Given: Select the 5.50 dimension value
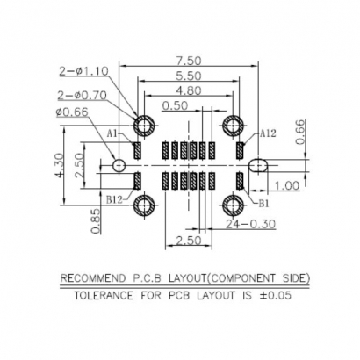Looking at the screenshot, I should coord(187,76).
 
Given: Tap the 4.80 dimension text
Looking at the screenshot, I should coord(187,90).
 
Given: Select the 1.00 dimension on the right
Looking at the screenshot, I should coord(288,186).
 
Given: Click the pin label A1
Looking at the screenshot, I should coord(113,133).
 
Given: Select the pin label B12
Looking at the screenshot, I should coord(114,200).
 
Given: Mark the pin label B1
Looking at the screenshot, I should coord(263,202).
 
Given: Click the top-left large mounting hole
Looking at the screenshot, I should coord(144,125).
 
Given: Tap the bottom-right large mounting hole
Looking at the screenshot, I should coord(234,206).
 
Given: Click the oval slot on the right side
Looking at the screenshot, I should coord(260,165).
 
